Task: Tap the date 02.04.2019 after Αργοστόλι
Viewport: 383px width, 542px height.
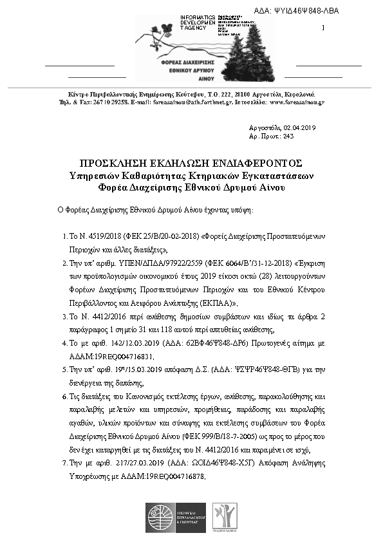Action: point(297,127)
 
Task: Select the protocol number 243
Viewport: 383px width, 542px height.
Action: point(288,136)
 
